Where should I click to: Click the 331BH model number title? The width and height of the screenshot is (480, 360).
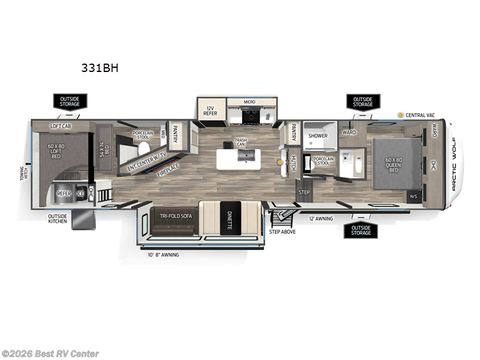pyautogui.click(x=100, y=68)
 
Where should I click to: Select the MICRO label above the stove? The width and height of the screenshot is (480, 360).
pyautogui.click(x=249, y=102)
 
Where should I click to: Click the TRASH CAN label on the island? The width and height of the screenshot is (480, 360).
pyautogui.click(x=241, y=142)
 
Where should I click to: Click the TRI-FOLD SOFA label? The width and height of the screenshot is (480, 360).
pyautogui.click(x=175, y=214)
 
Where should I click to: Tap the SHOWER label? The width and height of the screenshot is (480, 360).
pyautogui.click(x=317, y=136)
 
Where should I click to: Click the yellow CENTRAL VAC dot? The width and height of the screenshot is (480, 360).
pyautogui.click(x=400, y=115)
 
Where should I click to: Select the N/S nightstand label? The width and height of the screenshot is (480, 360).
pyautogui.click(x=413, y=196)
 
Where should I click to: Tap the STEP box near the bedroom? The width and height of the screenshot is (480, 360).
pyautogui.click(x=304, y=192)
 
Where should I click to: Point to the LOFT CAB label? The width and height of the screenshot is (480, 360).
pyautogui.click(x=61, y=126)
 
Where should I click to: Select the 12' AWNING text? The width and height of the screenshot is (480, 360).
pyautogui.click(x=321, y=219)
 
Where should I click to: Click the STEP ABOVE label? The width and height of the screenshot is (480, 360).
pyautogui.click(x=282, y=231)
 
